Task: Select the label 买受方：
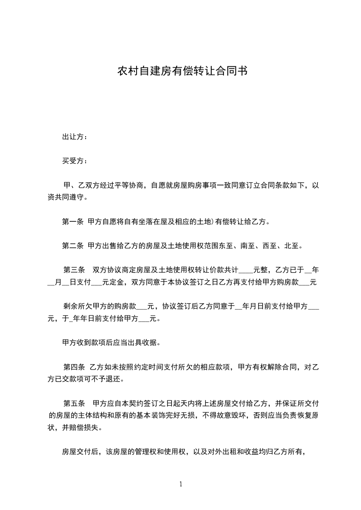(75, 160)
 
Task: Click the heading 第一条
(72, 222)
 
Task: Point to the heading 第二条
(72, 246)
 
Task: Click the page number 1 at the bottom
(181, 484)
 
